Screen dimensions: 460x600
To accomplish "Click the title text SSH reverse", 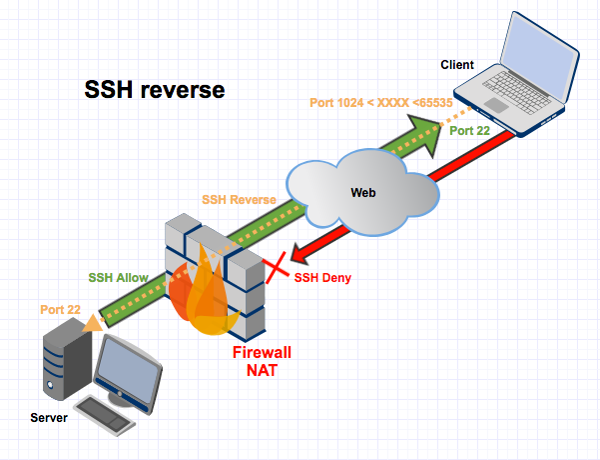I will [154, 90].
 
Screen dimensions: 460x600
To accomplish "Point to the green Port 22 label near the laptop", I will [470, 131].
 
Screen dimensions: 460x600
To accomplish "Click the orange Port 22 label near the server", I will [61, 310].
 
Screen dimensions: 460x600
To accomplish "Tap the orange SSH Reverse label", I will [239, 200].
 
